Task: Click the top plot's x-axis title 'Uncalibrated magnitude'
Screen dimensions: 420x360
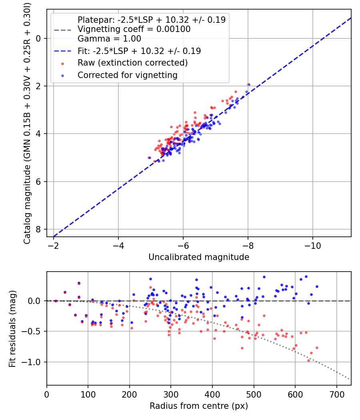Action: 199,257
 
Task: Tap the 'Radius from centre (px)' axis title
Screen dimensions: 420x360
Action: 199,406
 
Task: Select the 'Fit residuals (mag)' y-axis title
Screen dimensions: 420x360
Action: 12,328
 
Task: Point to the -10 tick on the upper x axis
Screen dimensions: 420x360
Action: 312,245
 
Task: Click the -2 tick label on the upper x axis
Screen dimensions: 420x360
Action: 54,245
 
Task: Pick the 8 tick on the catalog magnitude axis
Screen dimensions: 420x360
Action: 38,229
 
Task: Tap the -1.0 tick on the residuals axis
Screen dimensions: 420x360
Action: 35,362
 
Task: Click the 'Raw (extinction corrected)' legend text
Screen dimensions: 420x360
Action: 132,63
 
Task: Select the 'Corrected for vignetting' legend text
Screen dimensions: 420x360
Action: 127,75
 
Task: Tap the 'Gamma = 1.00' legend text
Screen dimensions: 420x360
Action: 109,39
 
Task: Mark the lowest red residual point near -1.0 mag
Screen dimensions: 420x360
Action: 308,360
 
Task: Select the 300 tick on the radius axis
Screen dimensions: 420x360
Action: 171,394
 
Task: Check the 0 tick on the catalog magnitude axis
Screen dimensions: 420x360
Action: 38,38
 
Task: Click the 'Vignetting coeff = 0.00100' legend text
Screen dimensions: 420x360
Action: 134,29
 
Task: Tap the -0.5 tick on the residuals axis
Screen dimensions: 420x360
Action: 35,331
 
